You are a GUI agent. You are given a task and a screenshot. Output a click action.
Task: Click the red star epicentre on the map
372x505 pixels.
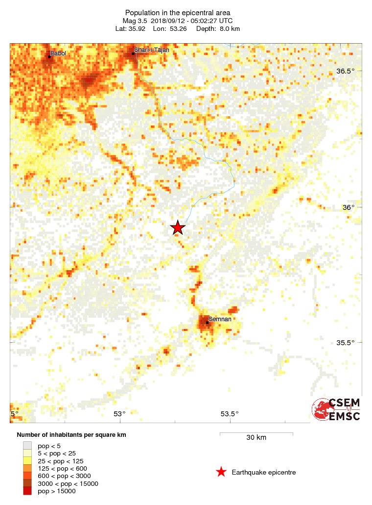178,227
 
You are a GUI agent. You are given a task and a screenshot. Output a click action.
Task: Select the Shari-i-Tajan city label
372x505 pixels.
152,50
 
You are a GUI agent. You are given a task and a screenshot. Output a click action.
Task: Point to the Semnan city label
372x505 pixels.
220,320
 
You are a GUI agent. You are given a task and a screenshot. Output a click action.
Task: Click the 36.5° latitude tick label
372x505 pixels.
346,71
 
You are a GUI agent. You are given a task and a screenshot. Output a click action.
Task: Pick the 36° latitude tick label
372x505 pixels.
348,207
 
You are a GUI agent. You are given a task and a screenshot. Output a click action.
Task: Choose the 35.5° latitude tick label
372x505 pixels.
346,343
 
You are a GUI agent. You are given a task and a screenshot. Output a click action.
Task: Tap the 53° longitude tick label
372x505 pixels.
119,414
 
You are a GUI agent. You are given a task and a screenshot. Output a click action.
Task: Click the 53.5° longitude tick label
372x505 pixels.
230,414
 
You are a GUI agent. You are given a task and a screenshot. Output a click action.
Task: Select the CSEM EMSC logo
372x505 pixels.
337,410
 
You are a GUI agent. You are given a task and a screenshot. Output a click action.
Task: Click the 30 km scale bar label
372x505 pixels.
256,437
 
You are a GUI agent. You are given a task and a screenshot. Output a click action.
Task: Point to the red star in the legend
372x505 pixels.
221,472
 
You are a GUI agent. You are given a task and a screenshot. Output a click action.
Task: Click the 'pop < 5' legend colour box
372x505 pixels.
27,446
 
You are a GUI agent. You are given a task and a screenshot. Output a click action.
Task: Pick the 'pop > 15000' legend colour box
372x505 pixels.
27,491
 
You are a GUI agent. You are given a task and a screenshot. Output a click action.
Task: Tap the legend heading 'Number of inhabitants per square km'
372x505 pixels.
75,435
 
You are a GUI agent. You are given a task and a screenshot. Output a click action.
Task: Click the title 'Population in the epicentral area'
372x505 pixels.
178,12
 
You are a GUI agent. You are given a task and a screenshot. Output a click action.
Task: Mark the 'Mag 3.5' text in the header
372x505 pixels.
134,21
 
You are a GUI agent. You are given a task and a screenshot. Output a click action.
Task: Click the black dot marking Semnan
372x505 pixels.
207,322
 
